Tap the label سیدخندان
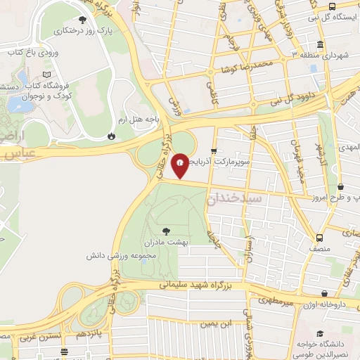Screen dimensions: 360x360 point(236,199)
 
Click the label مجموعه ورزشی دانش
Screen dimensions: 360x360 point(121,254)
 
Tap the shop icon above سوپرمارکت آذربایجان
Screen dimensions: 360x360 point(214,150)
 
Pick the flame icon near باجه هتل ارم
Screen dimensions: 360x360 point(112,136)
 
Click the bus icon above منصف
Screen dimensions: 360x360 point(320,238)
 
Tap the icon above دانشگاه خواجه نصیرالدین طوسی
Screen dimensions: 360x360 point(321,333)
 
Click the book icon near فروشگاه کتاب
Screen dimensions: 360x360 point(46,75)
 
